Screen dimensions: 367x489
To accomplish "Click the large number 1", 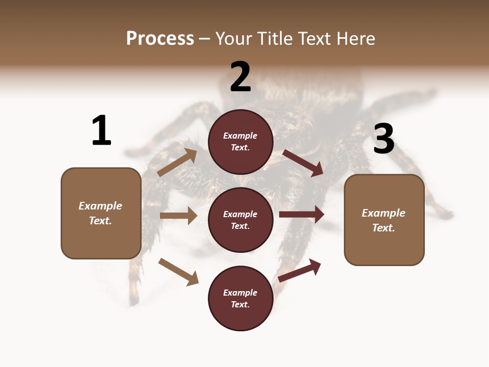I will [x=101, y=130].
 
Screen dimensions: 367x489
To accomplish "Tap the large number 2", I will [x=240, y=77].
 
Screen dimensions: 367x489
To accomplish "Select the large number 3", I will [x=384, y=139].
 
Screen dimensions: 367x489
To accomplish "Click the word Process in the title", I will [x=160, y=39].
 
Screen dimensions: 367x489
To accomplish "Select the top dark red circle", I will [x=240, y=142].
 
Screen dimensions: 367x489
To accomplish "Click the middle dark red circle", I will [x=240, y=220].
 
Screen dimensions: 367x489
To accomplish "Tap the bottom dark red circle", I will [x=240, y=298].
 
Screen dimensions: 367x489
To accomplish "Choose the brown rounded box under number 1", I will [x=101, y=213].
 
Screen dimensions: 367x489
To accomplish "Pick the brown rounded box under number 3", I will [x=384, y=220].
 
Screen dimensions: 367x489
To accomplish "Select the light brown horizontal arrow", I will [x=179, y=216].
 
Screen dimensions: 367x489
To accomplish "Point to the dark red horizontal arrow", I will [x=302, y=215].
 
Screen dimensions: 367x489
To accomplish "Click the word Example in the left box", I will [x=100, y=206].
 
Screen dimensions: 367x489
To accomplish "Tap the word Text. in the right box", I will [x=384, y=228].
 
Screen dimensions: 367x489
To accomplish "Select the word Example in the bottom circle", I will [x=240, y=293].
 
